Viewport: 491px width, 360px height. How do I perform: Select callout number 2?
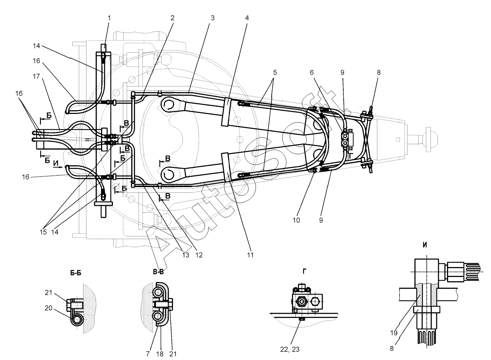click(173, 18)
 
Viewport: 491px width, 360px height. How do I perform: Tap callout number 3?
click(212, 18)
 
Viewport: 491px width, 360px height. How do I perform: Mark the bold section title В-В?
click(159, 272)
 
